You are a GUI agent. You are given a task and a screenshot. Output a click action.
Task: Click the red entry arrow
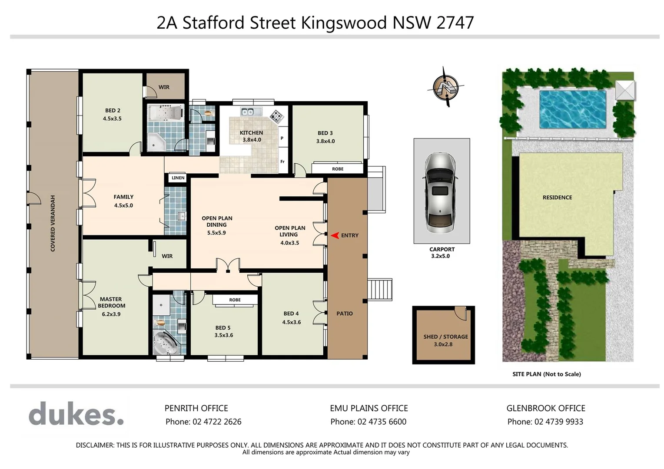335,235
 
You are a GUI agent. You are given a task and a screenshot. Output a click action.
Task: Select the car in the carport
442,192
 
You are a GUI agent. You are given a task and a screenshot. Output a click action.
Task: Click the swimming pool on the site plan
572,109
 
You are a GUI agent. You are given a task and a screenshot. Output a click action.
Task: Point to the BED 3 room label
325,133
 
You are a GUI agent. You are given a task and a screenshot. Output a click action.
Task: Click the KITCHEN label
251,132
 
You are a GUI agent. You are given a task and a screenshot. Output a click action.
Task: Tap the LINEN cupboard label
178,178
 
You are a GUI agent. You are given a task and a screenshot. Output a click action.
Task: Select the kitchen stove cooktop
276,116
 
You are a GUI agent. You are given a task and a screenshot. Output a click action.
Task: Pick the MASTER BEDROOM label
111,302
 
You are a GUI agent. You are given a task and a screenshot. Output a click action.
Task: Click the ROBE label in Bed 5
235,300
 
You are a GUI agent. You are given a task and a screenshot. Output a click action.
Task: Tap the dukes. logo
76,414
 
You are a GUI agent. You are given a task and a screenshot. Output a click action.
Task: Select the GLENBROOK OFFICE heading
545,408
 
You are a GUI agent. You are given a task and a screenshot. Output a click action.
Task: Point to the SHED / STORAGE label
445,337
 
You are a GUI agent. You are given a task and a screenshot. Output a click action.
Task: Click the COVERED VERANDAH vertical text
53,223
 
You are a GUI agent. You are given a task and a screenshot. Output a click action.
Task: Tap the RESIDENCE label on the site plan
557,197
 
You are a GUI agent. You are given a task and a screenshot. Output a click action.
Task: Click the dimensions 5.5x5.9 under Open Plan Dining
216,233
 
